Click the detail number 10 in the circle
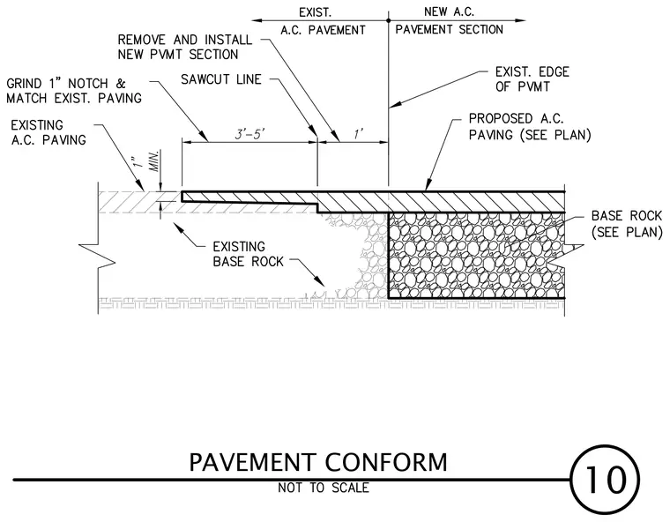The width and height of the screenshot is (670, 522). pos(605,480)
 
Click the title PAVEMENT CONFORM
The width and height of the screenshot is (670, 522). pos(318,462)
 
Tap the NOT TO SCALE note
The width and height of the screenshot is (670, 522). pos(324,488)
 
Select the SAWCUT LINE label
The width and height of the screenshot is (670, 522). pos(221,79)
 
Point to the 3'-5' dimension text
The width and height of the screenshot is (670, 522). pos(250,134)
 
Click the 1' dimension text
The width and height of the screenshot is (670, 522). pos(359,134)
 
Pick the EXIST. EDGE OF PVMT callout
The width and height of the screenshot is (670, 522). pos(532,79)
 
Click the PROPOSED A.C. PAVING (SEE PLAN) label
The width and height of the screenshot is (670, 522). pos(530,127)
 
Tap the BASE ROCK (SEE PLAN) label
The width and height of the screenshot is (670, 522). pos(627,224)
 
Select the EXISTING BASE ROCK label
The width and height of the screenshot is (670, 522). pos(248,254)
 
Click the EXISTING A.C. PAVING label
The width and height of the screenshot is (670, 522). pos(48,132)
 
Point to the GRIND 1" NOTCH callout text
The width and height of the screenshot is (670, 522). pos(74,91)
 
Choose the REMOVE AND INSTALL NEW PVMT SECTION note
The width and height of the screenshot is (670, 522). pos(184,47)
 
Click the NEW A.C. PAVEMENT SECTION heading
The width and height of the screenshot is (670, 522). pos(449,20)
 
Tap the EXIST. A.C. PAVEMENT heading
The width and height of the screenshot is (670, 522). pos(323,21)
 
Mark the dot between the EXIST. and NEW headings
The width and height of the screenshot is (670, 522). pos(389,20)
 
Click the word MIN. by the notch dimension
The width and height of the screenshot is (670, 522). pos(156,160)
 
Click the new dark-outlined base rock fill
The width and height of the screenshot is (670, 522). pos(476,255)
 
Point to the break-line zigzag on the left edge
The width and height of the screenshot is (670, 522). pos(98,256)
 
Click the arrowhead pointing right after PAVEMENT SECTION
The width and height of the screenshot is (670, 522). pos(520,20)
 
